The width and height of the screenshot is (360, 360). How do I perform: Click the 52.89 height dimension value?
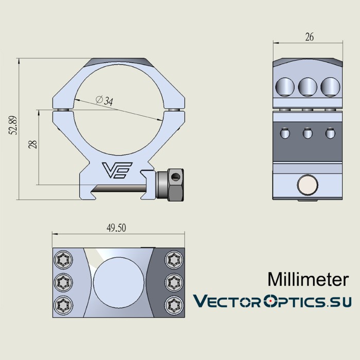[x=14, y=125]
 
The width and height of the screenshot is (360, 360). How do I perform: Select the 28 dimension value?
[x=32, y=144]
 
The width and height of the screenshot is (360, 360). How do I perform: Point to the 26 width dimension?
[x=309, y=37]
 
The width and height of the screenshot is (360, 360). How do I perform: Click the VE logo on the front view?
[x=117, y=170]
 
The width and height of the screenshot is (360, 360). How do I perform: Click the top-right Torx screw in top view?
[x=171, y=260]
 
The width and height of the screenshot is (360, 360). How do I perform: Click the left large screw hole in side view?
[x=284, y=86]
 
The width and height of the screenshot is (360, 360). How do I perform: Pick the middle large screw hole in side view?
[x=308, y=86]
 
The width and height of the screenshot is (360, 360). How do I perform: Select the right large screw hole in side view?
[x=330, y=86]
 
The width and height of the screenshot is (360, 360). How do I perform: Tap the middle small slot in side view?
[x=307, y=133]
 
